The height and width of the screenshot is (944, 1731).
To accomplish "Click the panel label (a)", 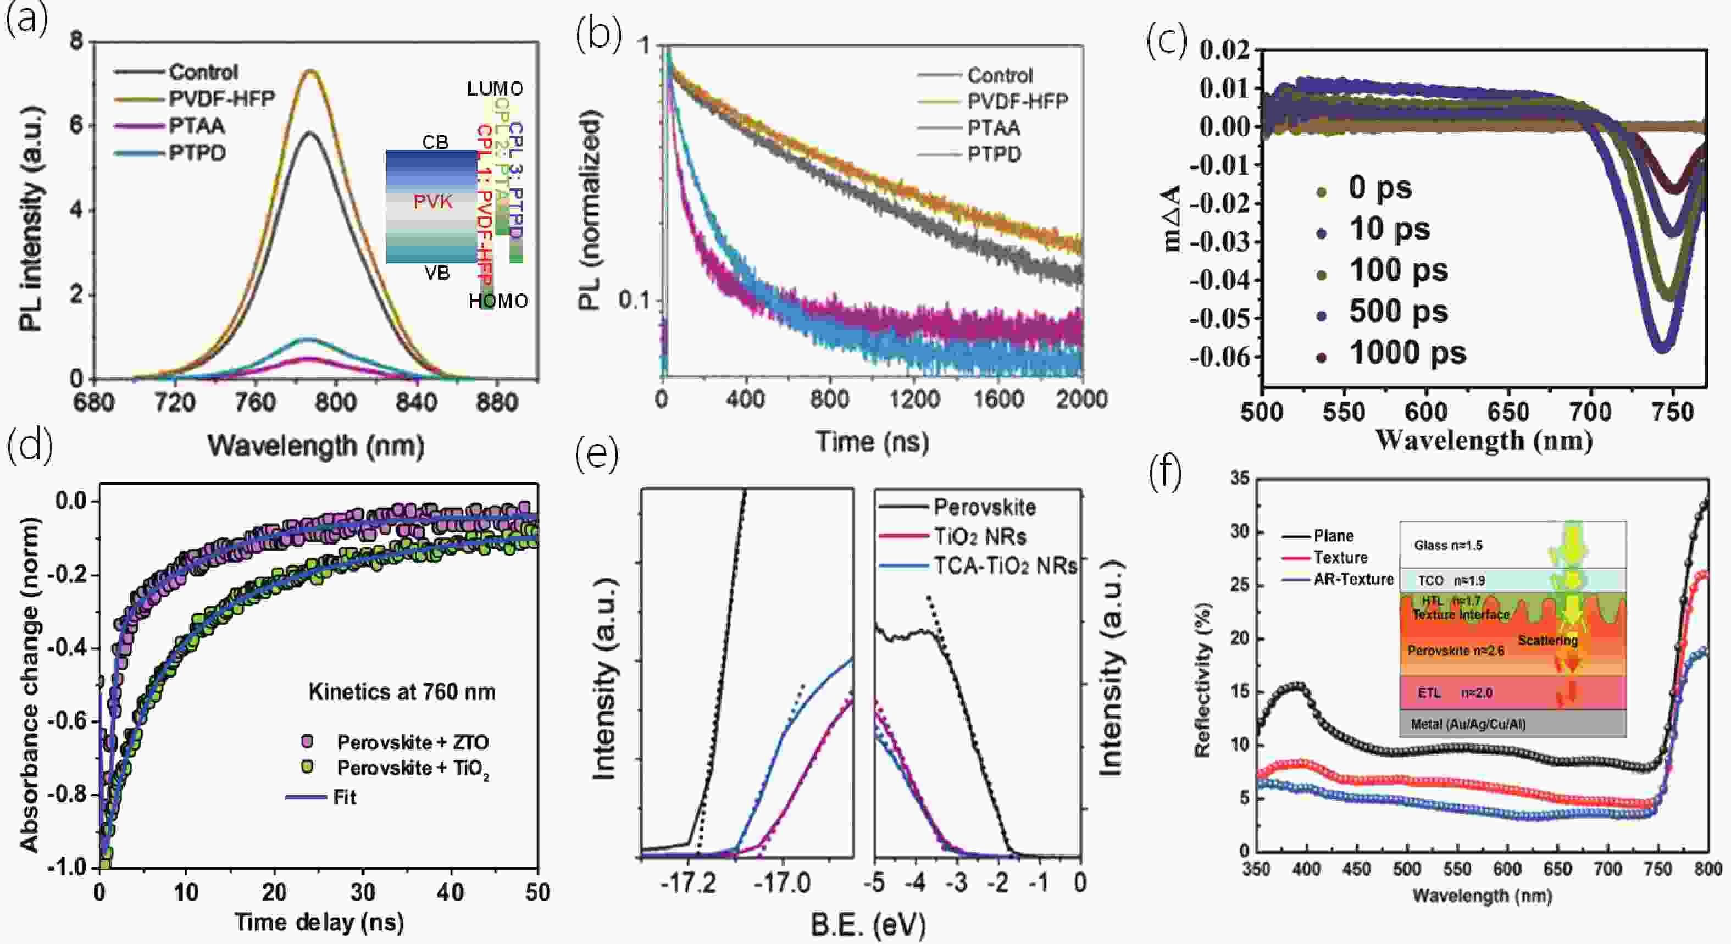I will click(27, 20).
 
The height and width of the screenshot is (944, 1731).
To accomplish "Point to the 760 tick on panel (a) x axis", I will click(256, 402).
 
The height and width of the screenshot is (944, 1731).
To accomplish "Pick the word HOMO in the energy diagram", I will click(498, 301).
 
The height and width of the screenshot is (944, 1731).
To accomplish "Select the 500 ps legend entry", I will click(1397, 312).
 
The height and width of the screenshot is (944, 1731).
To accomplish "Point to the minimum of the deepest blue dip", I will click(1662, 348).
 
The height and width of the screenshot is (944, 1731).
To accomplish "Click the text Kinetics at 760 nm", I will click(402, 692).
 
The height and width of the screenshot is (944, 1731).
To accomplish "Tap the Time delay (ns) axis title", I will click(319, 922).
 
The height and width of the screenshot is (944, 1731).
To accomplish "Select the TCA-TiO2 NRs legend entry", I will click(1005, 567).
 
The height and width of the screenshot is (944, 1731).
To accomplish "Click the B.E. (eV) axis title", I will click(868, 925).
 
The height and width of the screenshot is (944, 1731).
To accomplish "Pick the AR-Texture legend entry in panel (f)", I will click(1353, 579).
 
